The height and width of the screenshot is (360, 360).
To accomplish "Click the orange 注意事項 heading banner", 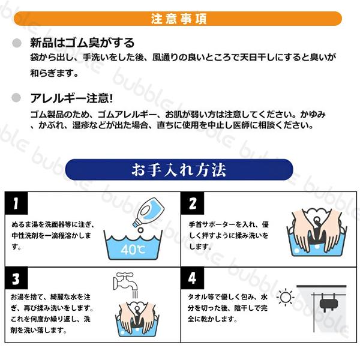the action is tap(178, 19).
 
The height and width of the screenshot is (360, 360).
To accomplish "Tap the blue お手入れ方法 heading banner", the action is tap(179, 170).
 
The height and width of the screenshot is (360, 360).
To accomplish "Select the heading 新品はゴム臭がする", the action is tap(82, 43).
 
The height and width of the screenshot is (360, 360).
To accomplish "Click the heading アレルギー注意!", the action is tap(71, 98).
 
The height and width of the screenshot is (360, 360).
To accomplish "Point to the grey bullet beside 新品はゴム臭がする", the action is tap(17, 43).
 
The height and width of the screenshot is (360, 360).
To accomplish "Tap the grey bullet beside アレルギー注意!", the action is tap(16, 98).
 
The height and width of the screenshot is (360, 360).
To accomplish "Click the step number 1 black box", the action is tap(16, 203).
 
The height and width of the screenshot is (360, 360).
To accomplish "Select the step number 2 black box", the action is tap(193, 203).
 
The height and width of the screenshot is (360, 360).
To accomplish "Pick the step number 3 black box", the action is tap(16, 278).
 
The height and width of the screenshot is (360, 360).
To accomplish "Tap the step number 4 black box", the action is tap(193, 278).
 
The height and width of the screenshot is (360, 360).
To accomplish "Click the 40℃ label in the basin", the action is tap(133, 250).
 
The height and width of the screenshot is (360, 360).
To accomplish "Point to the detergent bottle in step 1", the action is tap(149, 212).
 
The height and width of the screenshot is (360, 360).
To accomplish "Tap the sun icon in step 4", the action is tap(286, 298).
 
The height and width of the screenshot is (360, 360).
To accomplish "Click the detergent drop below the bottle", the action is tap(140, 230).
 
